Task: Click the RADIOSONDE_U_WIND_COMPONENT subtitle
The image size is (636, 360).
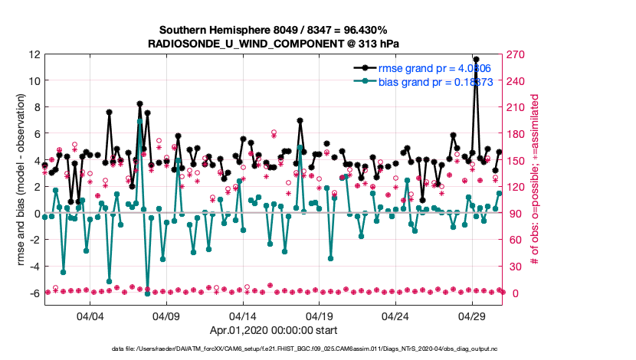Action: coord(273,44)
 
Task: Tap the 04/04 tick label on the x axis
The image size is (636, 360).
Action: coord(90,316)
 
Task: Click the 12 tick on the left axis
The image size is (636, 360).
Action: coord(34,54)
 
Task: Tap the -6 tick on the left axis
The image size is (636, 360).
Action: coord(34,293)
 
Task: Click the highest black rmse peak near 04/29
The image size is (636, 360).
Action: coord(476,59)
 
